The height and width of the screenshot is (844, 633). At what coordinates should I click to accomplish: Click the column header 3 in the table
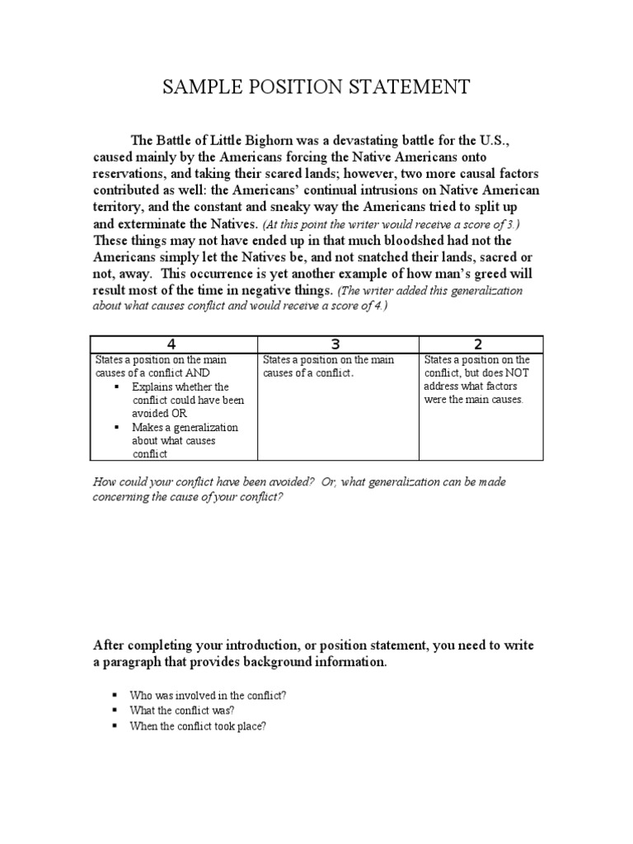click(x=337, y=344)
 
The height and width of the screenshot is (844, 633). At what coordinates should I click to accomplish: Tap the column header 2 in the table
click(x=478, y=344)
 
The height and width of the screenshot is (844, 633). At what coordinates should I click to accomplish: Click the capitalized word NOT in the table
click(x=434, y=386)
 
